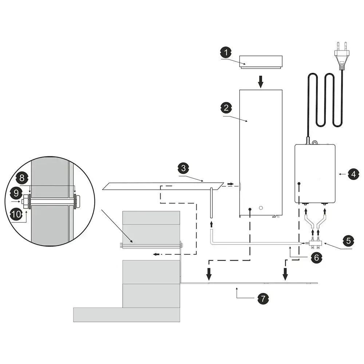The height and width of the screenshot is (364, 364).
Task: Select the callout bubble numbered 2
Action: [226, 107]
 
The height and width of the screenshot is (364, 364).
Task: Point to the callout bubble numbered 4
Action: [352, 174]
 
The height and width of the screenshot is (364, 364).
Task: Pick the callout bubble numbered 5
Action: [348, 241]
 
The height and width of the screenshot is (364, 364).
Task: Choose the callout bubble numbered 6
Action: [316, 258]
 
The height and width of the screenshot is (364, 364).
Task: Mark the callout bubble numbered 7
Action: [263, 299]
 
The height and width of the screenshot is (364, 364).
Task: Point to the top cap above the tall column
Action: [261, 62]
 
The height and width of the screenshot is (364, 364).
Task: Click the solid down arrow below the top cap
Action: [260, 82]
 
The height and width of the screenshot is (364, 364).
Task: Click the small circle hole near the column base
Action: [260, 208]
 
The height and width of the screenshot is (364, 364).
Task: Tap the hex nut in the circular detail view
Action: [25, 201]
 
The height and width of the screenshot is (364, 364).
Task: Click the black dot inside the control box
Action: [298, 183]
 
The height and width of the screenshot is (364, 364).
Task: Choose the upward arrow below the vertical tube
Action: [211, 222]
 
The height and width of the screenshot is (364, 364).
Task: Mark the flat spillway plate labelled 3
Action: [164, 186]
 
